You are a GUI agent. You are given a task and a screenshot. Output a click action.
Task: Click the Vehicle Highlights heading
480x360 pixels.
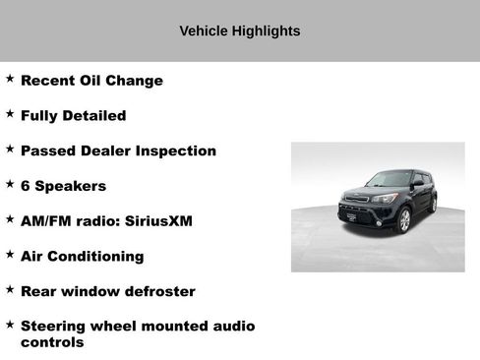[239, 30]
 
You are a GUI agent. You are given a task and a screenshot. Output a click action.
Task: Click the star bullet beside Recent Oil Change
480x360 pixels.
[10, 79]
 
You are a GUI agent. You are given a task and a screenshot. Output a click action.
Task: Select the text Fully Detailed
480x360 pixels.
[73, 115]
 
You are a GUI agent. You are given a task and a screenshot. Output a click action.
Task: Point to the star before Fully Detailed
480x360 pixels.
[10, 114]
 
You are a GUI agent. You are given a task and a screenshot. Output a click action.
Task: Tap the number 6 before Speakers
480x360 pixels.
[26, 186]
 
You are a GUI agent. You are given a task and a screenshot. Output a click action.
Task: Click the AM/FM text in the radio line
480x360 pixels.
[44, 221]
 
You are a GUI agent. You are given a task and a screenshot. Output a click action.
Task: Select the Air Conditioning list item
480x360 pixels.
[82, 257]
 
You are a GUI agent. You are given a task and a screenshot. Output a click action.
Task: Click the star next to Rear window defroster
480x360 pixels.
[10, 290]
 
